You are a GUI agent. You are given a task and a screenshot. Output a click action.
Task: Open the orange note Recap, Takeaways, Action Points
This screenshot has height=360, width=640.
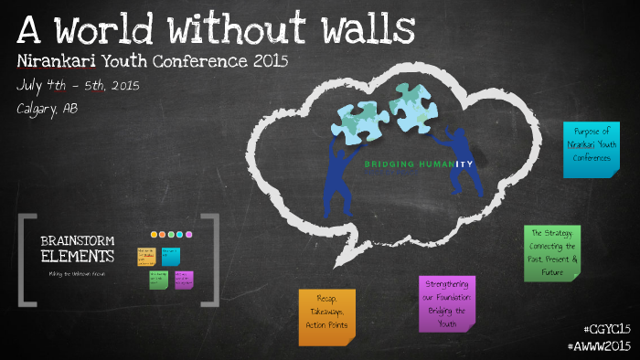tap(326, 316)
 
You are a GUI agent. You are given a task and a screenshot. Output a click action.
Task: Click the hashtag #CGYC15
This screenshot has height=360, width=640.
tap(606, 329)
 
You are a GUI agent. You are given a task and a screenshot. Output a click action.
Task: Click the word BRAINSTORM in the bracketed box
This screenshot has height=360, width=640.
tap(77, 240)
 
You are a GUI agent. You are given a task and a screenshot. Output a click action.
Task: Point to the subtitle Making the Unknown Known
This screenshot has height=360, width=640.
tap(77, 273)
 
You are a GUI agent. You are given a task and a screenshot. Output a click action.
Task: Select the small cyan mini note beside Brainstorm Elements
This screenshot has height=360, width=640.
tap(171, 256)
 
